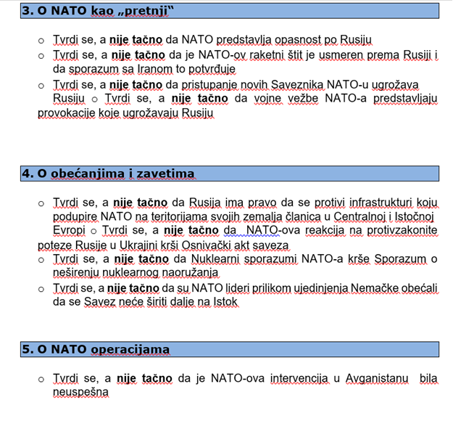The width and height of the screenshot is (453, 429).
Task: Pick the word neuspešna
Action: coord(80,392)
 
